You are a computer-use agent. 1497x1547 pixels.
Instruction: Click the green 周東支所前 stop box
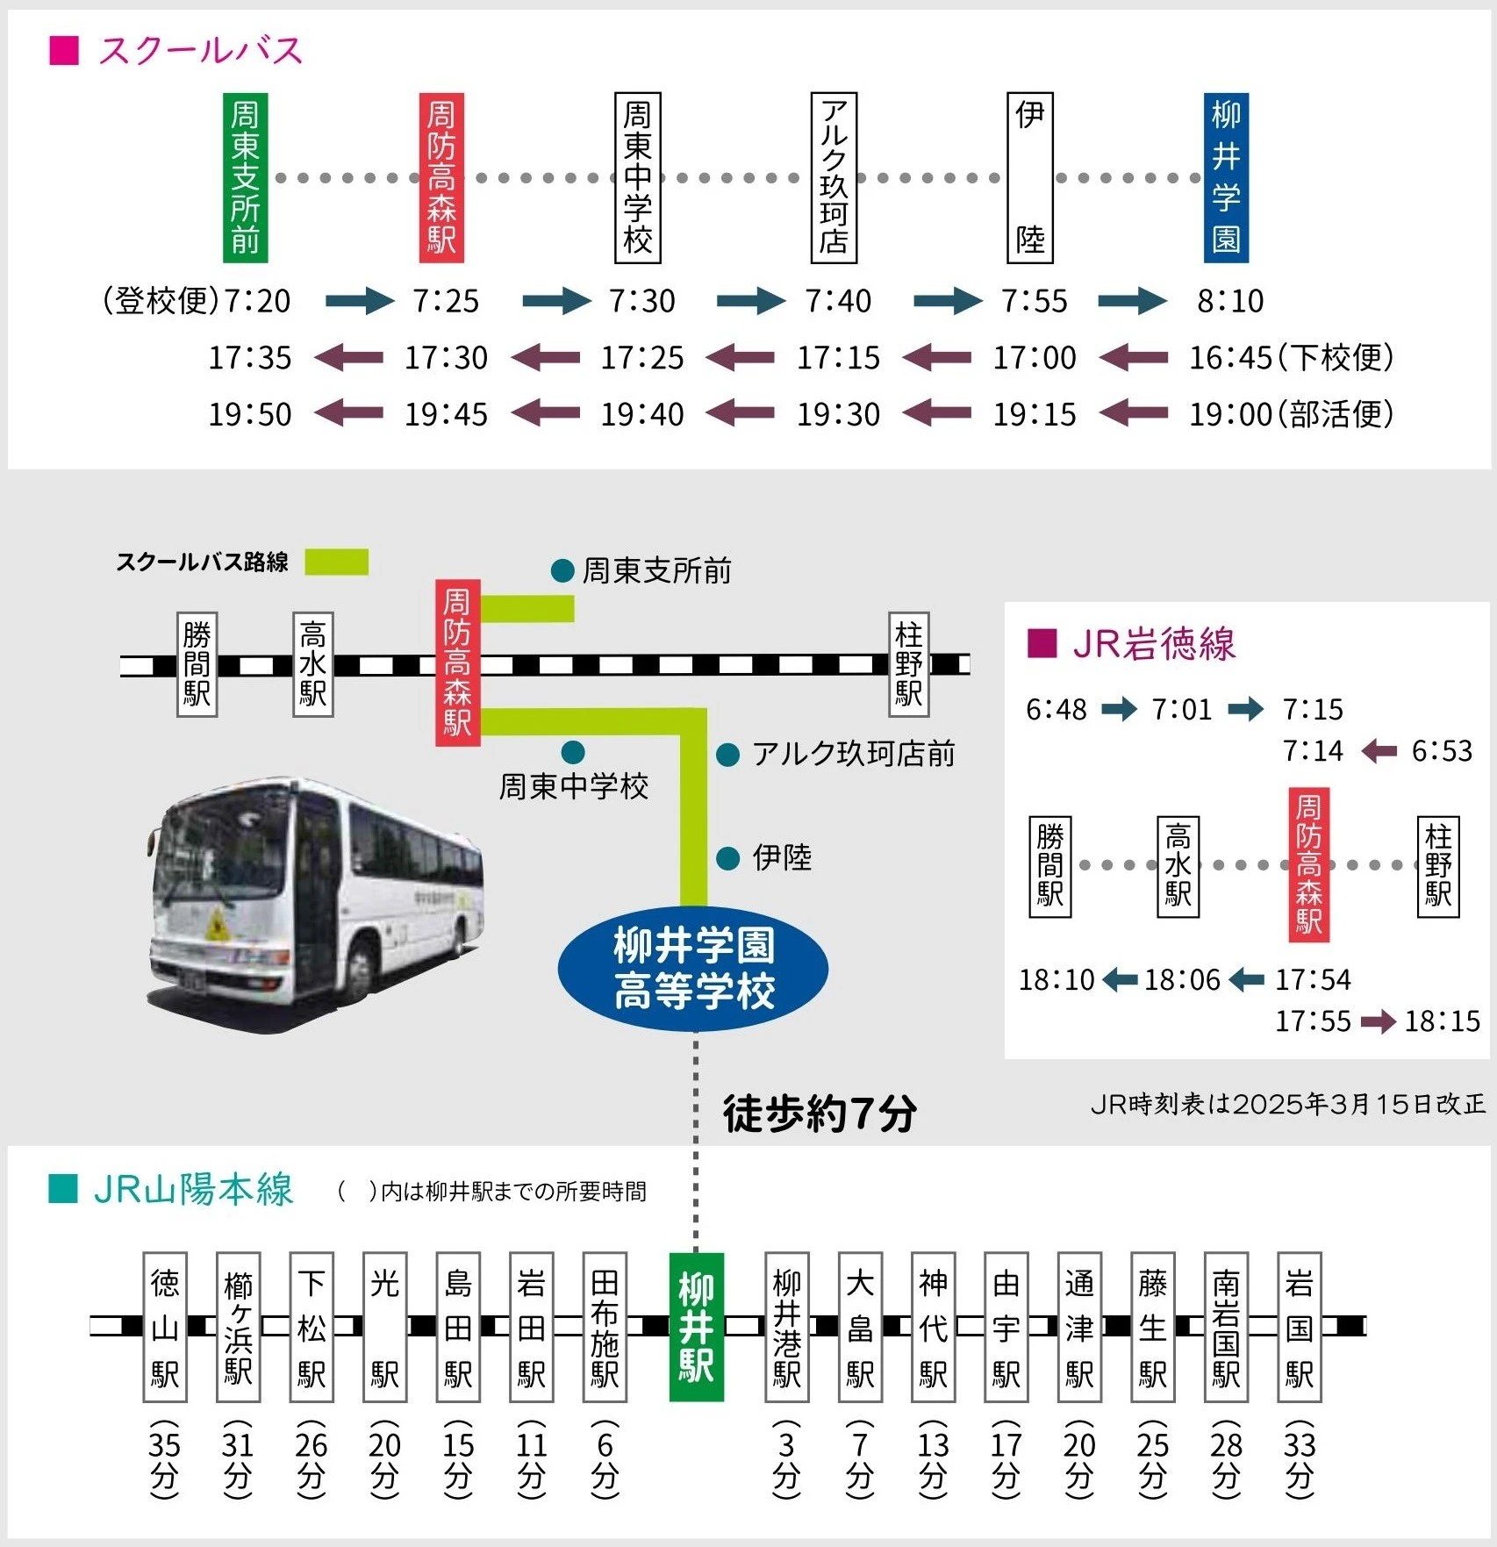[245, 177]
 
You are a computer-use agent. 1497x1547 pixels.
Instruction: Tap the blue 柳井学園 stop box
[1226, 177]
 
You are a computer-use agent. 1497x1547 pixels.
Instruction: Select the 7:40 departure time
[838, 301]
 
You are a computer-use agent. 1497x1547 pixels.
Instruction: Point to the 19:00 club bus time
[1230, 414]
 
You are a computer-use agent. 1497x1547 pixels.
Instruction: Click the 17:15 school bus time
[838, 358]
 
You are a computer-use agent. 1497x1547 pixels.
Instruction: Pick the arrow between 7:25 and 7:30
[556, 301]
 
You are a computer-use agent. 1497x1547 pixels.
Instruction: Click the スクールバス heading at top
[201, 50]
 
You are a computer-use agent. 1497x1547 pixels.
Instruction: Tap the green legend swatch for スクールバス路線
[337, 562]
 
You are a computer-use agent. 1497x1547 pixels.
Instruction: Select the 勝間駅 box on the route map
[197, 664]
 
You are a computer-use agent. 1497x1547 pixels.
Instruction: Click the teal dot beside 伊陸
[728, 858]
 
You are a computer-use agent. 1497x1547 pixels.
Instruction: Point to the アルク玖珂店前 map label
[853, 754]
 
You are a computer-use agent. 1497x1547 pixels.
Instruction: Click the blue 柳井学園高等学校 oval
[693, 969]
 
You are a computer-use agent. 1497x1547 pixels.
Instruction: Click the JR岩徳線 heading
[1153, 643]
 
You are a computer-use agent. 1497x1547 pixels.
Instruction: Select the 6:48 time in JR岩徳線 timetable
[1056, 709]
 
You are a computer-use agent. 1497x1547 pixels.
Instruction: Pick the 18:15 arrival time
[1442, 1021]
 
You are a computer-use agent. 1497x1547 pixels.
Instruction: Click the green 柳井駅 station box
[697, 1327]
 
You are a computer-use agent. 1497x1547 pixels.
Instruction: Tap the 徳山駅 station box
[165, 1327]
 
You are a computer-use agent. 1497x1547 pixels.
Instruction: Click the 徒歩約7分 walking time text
[820, 1114]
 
